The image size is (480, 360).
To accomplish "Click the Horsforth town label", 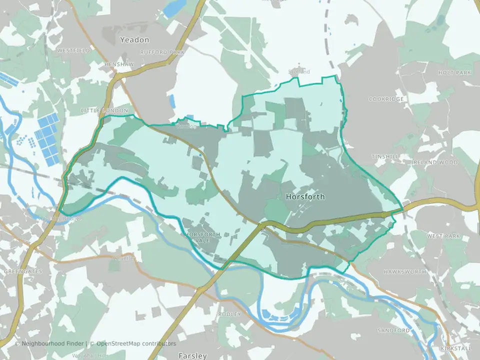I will (x=305, y=197).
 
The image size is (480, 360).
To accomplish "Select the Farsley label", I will (x=192, y=356).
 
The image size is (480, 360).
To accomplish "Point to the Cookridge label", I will (x=386, y=99).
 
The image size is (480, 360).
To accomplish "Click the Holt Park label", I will (x=454, y=72).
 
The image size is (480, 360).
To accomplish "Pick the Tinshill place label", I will (x=385, y=157).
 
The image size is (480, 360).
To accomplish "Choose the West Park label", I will (x=443, y=235).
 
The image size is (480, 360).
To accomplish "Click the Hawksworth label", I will (x=405, y=271).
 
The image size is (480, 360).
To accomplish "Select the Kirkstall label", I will (x=456, y=347).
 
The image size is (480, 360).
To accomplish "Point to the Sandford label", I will (x=393, y=330).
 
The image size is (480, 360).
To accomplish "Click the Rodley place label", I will (x=229, y=314).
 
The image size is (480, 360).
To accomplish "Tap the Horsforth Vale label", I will (x=202, y=237).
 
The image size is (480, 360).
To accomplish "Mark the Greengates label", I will (x=23, y=271).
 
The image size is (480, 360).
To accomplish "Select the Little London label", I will (x=104, y=110).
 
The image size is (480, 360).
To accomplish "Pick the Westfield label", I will (x=73, y=50).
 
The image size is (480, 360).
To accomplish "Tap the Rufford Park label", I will (x=162, y=52).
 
